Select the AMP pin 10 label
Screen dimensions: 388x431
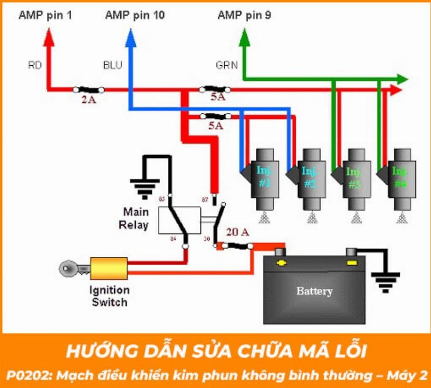tap(135, 15)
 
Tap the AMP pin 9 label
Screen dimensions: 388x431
tap(244, 15)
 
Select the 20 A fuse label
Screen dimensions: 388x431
tap(238, 232)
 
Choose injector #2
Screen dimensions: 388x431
tap(309, 178)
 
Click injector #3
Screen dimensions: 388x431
tap(353, 178)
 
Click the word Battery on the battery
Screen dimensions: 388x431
tap(314, 292)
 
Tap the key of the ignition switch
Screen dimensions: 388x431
tap(71, 268)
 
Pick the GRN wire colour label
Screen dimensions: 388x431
tap(226, 66)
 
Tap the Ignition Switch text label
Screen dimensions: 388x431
tap(110, 296)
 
